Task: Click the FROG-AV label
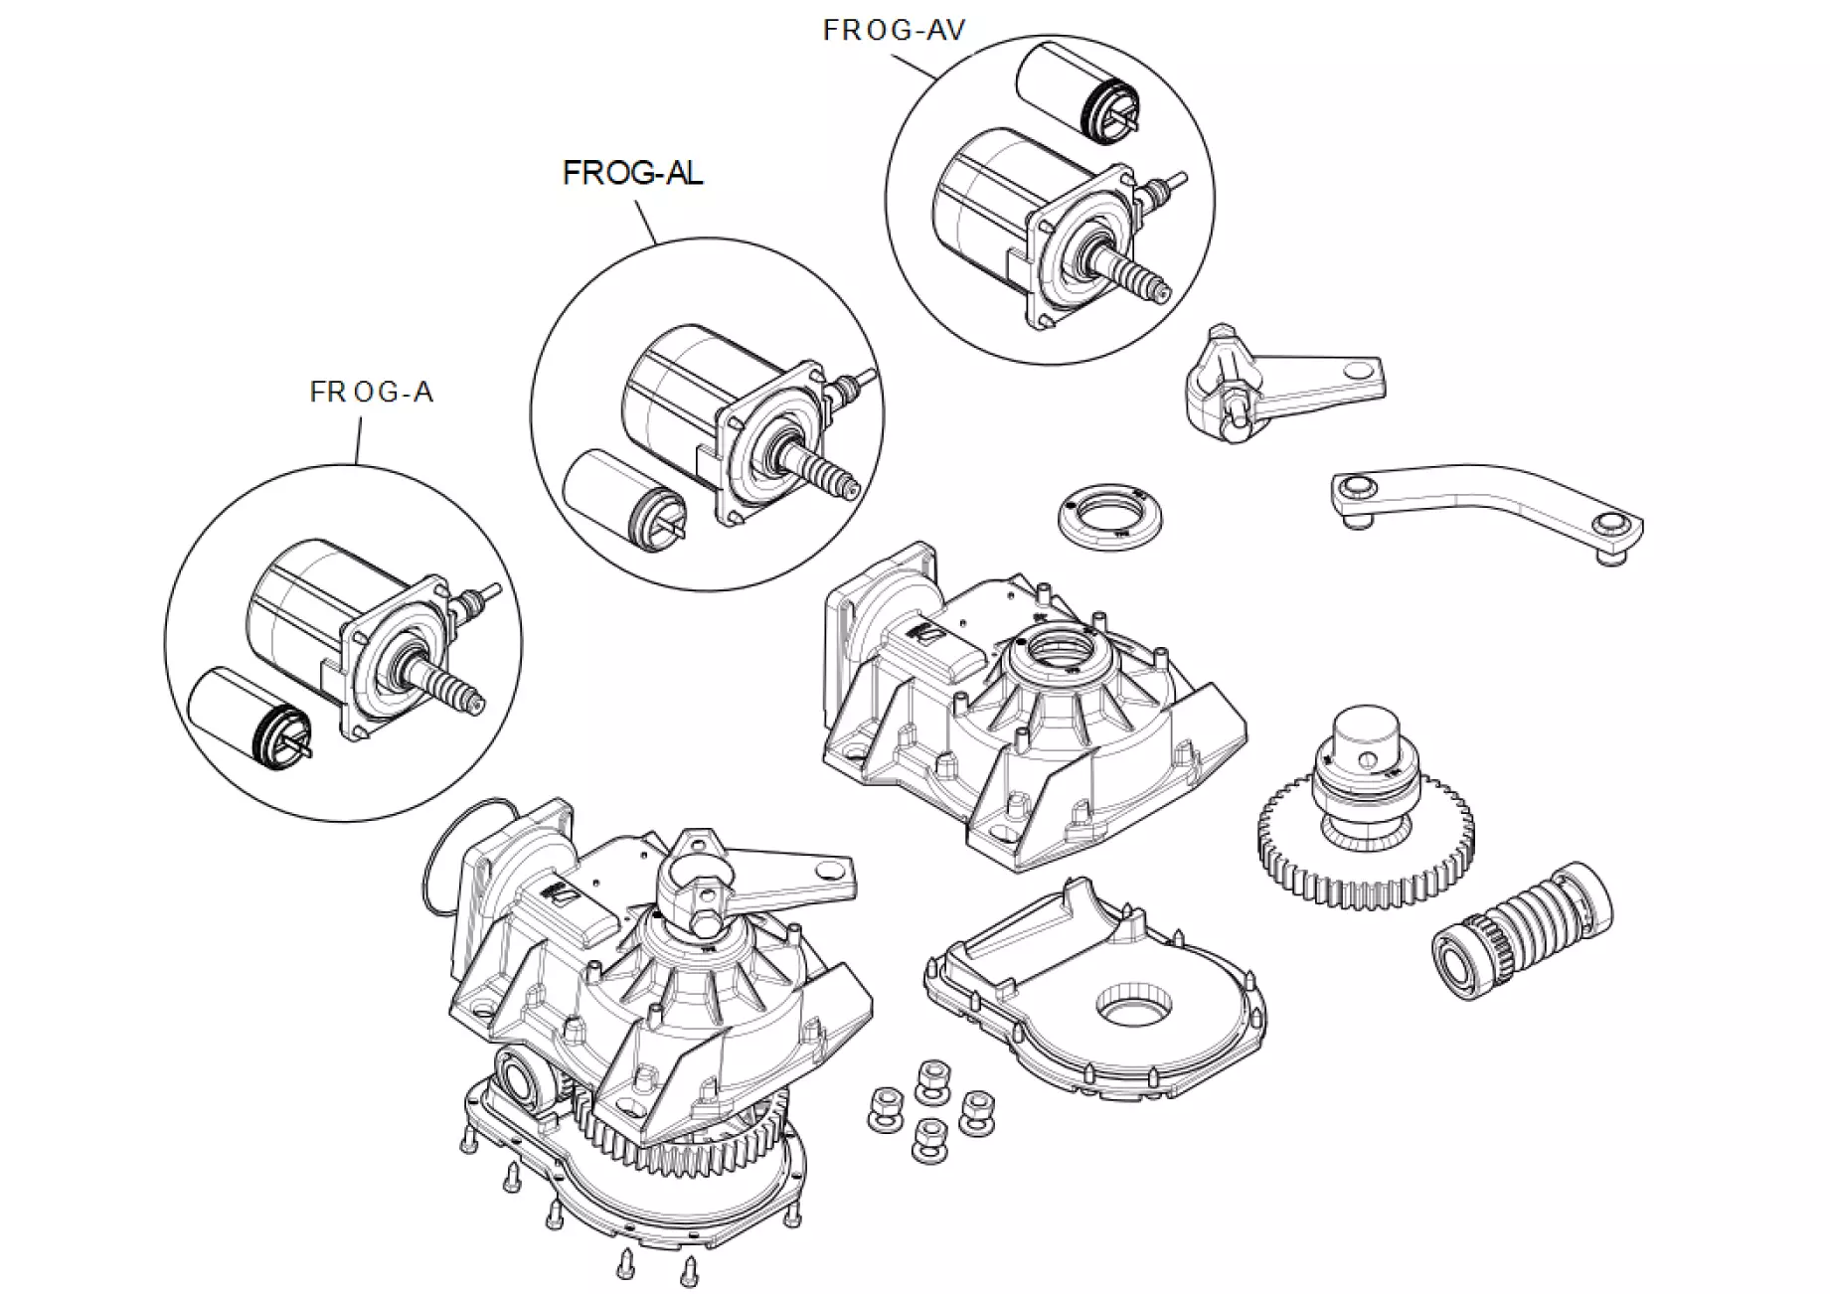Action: (x=894, y=31)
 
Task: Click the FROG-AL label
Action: (x=632, y=173)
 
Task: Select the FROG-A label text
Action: (x=372, y=393)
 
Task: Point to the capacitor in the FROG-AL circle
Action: (x=616, y=497)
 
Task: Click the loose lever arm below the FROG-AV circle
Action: (x=1282, y=383)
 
